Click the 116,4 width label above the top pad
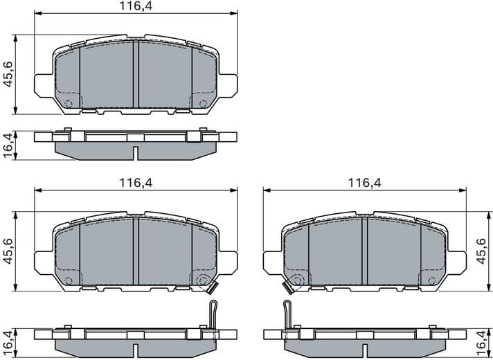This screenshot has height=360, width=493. [x=136, y=6]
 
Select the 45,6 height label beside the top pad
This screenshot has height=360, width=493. [x=8, y=74]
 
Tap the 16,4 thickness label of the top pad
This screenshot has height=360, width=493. [x=8, y=145]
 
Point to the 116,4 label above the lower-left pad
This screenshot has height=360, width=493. [x=136, y=183]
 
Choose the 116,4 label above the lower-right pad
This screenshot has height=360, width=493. [x=364, y=183]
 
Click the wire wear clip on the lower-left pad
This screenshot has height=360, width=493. [x=214, y=315]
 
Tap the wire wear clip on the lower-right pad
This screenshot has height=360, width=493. [x=287, y=315]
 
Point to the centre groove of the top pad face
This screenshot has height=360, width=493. [x=136, y=74]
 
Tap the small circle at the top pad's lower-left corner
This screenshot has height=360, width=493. [x=68, y=104]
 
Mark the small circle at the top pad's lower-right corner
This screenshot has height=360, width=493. [x=203, y=104]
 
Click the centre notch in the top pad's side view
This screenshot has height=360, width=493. [x=136, y=152]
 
